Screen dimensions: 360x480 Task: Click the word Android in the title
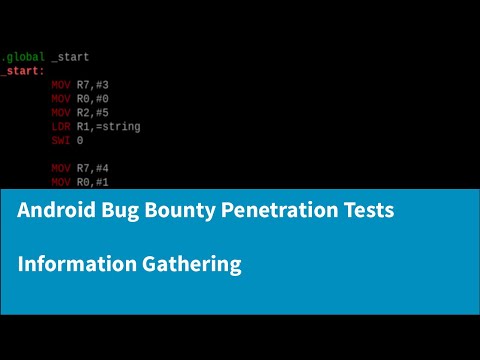(56, 212)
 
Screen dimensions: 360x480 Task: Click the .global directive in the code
(23, 57)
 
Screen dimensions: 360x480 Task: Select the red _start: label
(23, 71)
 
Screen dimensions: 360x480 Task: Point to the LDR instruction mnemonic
(61, 127)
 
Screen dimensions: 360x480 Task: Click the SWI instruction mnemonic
(61, 141)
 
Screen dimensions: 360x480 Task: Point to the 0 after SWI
(80, 141)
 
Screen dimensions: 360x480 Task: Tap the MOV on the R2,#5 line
(61, 113)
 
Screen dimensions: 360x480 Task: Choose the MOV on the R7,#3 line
(61, 85)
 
